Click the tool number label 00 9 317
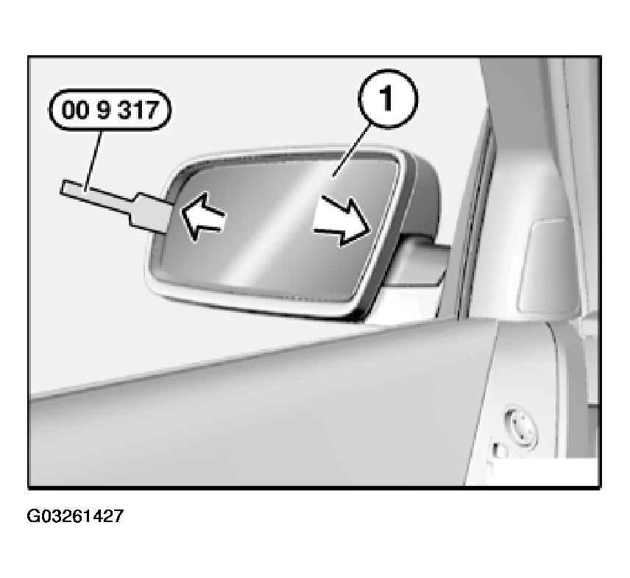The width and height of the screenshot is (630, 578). [110, 109]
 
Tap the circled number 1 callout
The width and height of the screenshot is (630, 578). [387, 99]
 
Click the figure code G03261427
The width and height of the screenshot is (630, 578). [75, 515]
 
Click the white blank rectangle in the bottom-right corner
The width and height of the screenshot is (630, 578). [542, 471]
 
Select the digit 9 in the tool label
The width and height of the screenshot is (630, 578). [103, 109]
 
